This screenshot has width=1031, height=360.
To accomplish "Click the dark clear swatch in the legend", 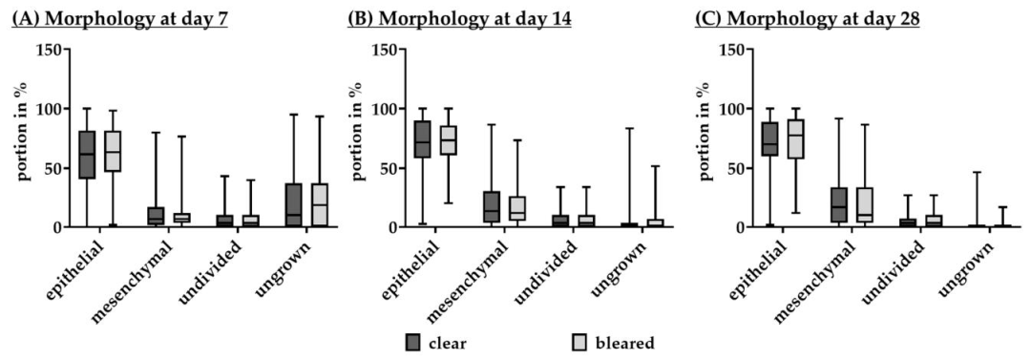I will click(x=413, y=341).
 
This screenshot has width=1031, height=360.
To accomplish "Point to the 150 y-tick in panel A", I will click(x=57, y=50).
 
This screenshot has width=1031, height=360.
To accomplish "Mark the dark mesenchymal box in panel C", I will click(x=839, y=204).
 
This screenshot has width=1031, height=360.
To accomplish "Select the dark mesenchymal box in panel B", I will click(x=492, y=206).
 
